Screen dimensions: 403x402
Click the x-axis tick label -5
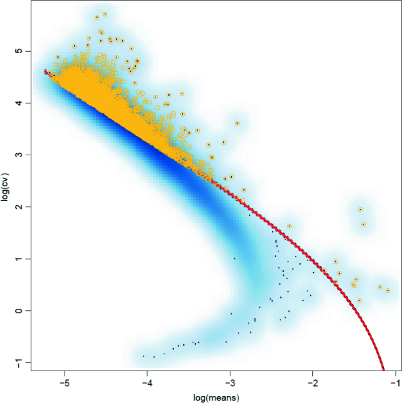coord(64,383)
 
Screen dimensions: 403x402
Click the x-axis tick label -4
coord(147,383)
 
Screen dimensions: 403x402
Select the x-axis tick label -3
coord(230,383)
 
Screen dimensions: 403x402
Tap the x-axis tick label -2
coord(312,383)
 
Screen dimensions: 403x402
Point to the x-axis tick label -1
coord(395,383)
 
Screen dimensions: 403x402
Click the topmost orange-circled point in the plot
coord(105,14)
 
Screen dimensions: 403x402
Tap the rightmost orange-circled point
coord(388,290)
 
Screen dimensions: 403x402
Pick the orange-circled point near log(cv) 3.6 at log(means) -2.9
coord(237,123)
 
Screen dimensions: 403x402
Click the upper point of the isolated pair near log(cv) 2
coord(361,209)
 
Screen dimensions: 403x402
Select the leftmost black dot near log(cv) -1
coord(143,356)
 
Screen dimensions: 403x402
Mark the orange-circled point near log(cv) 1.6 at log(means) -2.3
coord(289,226)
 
